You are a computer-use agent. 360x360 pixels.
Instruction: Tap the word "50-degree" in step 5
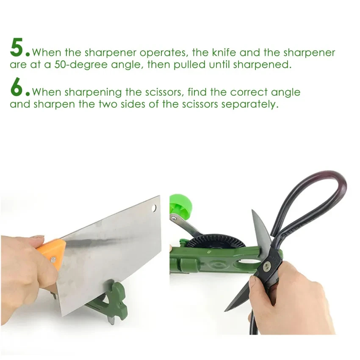click(81, 65)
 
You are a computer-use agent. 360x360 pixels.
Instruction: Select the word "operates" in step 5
click(163, 53)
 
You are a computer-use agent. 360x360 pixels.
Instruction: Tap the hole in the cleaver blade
click(154, 208)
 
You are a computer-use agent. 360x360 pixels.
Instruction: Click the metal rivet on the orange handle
click(53, 260)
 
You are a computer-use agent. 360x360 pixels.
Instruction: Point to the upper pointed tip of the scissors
click(252, 210)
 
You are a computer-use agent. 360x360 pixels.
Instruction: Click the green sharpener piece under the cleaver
click(108, 301)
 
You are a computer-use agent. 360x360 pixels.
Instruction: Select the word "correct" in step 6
click(249, 92)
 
